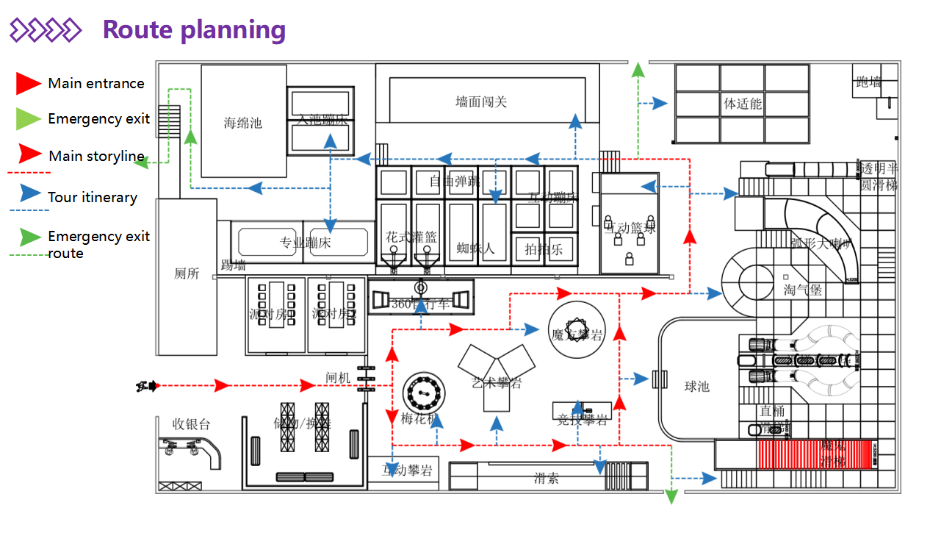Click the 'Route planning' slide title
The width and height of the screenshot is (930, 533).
[194, 30]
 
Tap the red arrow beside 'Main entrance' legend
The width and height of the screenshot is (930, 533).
[28, 83]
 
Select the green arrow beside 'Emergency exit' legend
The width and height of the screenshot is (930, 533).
[28, 118]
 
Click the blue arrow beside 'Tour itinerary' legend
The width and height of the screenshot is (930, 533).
[29, 194]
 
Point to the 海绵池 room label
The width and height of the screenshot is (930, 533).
[243, 123]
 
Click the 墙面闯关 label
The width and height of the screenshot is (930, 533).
[481, 101]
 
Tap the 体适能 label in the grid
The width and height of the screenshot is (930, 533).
[743, 103]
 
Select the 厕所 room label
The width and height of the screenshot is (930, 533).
[187, 273]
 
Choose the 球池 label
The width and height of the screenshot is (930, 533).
[696, 386]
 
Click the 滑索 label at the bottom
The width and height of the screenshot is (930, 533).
[547, 479]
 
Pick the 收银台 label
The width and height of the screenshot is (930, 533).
[191, 424]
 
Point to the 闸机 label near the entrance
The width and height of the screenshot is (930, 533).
[338, 378]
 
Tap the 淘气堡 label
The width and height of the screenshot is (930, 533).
[802, 290]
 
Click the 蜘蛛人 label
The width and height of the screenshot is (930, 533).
[475, 248]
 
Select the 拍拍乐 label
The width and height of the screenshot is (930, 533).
[544, 249]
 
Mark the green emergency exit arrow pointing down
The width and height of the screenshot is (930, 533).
[671, 496]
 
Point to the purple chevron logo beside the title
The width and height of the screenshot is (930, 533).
[45, 30]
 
